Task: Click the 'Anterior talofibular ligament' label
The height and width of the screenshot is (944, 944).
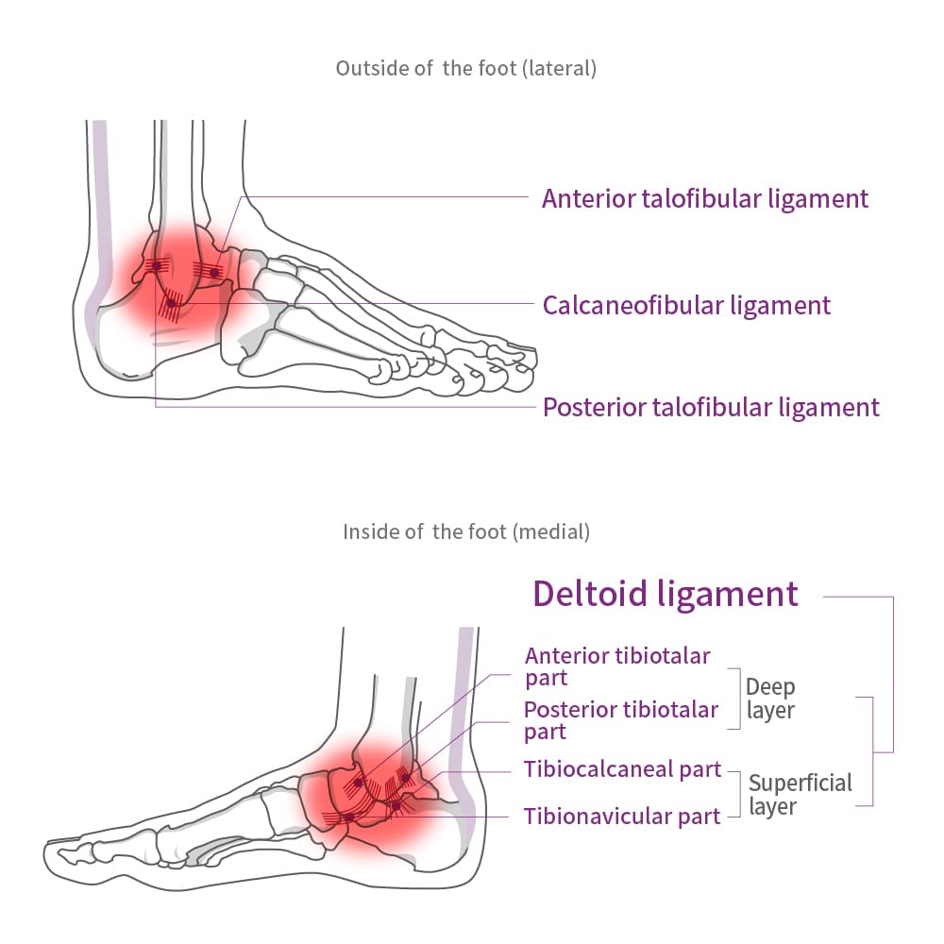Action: coord(704,198)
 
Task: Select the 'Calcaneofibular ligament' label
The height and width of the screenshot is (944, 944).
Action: coord(686,305)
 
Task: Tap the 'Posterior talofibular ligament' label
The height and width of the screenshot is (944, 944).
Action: coord(711,407)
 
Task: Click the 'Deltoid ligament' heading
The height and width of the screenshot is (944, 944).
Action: coord(666,593)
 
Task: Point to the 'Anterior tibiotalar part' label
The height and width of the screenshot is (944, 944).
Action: coord(617,666)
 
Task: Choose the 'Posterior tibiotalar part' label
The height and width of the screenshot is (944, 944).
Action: coord(621,719)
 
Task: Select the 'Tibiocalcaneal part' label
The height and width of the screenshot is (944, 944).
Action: coord(622,769)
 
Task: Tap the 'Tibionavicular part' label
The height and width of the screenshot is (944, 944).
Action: coord(622,816)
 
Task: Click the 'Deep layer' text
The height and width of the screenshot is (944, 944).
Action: coord(770,699)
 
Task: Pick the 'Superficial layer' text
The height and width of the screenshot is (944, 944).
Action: coord(800,794)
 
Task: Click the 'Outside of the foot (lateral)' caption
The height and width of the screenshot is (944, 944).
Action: coord(466,69)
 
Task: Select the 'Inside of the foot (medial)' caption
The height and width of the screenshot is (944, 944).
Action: coord(466,531)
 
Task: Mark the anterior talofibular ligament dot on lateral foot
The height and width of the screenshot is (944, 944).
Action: coord(214,273)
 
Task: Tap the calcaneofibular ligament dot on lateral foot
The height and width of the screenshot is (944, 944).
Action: coord(171,303)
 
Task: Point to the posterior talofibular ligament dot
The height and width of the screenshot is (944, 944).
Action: coord(156,266)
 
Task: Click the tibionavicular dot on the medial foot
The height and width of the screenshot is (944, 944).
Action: coord(348,817)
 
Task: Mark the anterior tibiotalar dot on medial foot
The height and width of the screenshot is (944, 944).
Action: coord(359,783)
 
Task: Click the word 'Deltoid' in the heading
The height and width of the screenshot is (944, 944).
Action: coord(589,593)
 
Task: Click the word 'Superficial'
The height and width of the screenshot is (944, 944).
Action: coord(800,783)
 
